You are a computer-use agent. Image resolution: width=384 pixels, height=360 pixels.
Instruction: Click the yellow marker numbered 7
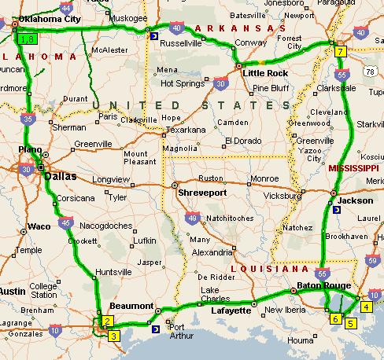(340, 52)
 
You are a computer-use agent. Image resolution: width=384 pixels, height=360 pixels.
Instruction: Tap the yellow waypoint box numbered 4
(365, 307)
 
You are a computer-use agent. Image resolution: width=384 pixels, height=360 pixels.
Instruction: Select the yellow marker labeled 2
(108, 321)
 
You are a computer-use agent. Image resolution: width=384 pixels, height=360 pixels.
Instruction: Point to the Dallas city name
(61, 177)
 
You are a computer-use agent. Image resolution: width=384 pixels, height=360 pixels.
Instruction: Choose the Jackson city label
(356, 200)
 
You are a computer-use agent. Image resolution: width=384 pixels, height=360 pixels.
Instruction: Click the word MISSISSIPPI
(353, 169)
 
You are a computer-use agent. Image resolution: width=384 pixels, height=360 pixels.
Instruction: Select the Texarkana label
(185, 130)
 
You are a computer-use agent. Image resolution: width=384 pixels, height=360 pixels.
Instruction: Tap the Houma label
(301, 340)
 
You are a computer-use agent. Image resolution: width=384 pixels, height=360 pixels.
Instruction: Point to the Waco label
(39, 226)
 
